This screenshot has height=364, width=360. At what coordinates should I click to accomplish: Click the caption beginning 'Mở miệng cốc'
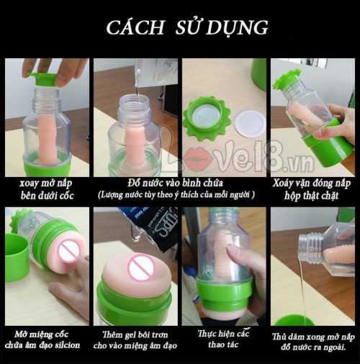(x=46, y=340)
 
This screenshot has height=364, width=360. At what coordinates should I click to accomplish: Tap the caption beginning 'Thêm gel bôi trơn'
(x=136, y=340)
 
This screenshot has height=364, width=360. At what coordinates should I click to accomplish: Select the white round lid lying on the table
(x=248, y=118)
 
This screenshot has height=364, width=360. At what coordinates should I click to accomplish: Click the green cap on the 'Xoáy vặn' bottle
(x=286, y=80)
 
